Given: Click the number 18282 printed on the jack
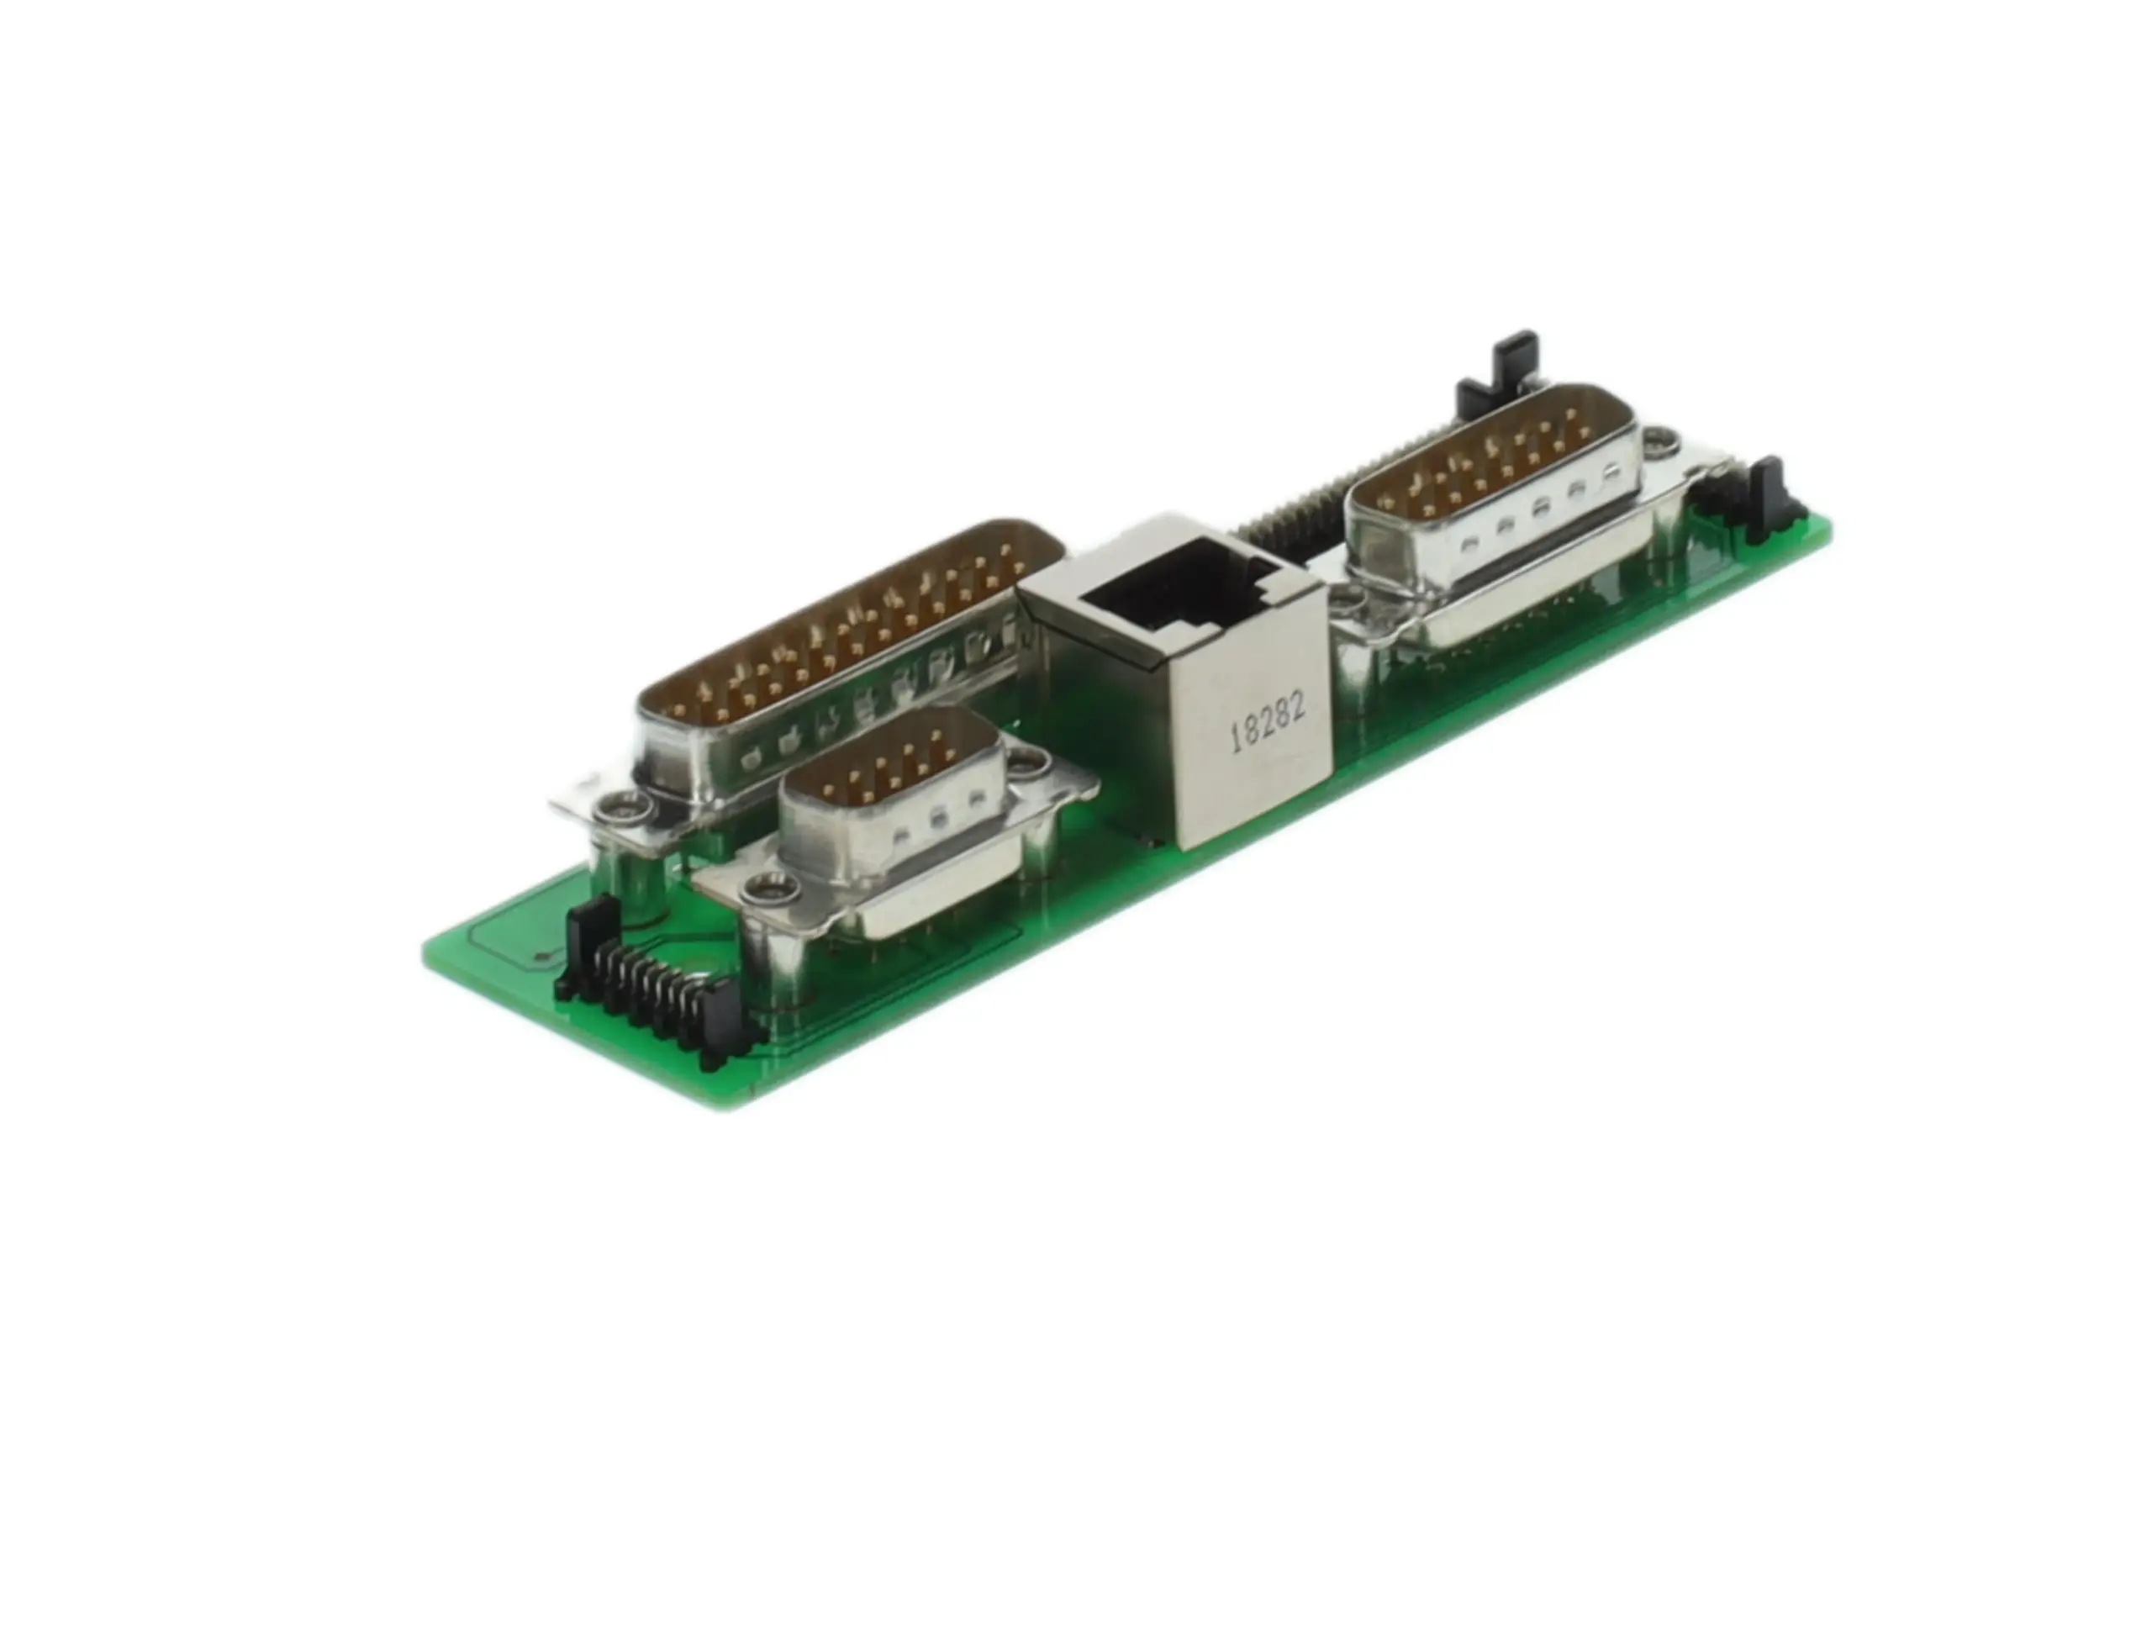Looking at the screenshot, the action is point(1267,722).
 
